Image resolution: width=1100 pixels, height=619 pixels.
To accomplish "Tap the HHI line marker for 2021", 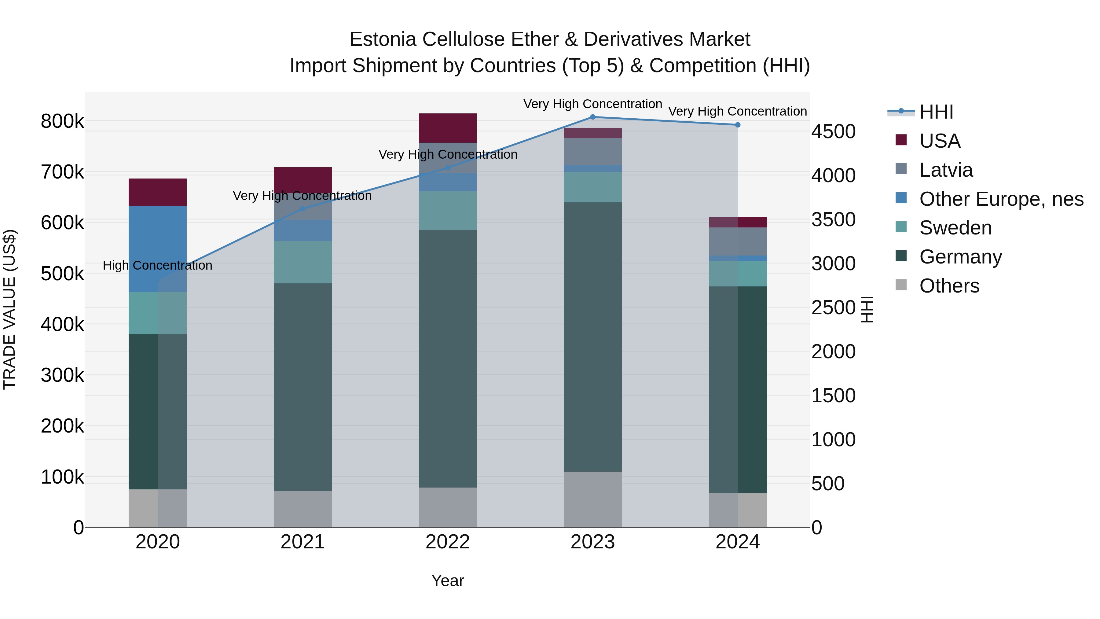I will click(x=303, y=209).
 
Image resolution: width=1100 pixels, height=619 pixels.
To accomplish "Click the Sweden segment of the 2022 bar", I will click(x=448, y=211).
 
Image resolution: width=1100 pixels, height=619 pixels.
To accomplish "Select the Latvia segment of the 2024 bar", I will click(x=738, y=241).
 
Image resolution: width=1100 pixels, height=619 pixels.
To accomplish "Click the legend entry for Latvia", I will click(x=945, y=170).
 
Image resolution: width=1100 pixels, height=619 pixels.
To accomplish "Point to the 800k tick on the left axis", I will click(x=62, y=121).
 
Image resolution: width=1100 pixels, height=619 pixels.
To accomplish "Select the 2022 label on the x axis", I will click(x=448, y=542).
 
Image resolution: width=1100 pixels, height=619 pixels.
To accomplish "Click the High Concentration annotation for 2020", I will click(x=158, y=265).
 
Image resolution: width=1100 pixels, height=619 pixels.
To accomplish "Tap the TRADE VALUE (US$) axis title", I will click(x=9, y=309).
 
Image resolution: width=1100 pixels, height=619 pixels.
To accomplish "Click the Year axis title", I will click(x=448, y=580).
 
